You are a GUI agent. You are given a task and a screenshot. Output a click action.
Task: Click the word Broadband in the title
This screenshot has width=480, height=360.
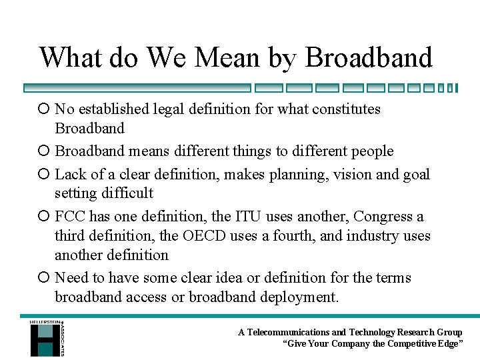369,58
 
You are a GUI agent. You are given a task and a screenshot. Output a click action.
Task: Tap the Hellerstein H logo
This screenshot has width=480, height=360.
46,339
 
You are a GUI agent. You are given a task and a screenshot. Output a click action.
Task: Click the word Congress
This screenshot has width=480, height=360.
383,217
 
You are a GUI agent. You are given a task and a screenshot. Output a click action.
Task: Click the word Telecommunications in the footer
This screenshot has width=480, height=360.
288,332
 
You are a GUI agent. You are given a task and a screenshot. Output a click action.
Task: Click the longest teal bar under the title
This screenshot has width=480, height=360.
137,87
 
